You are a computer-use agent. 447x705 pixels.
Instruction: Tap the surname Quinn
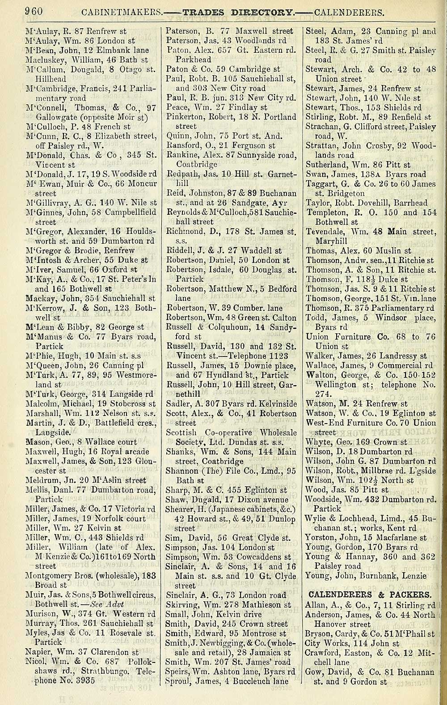177,136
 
